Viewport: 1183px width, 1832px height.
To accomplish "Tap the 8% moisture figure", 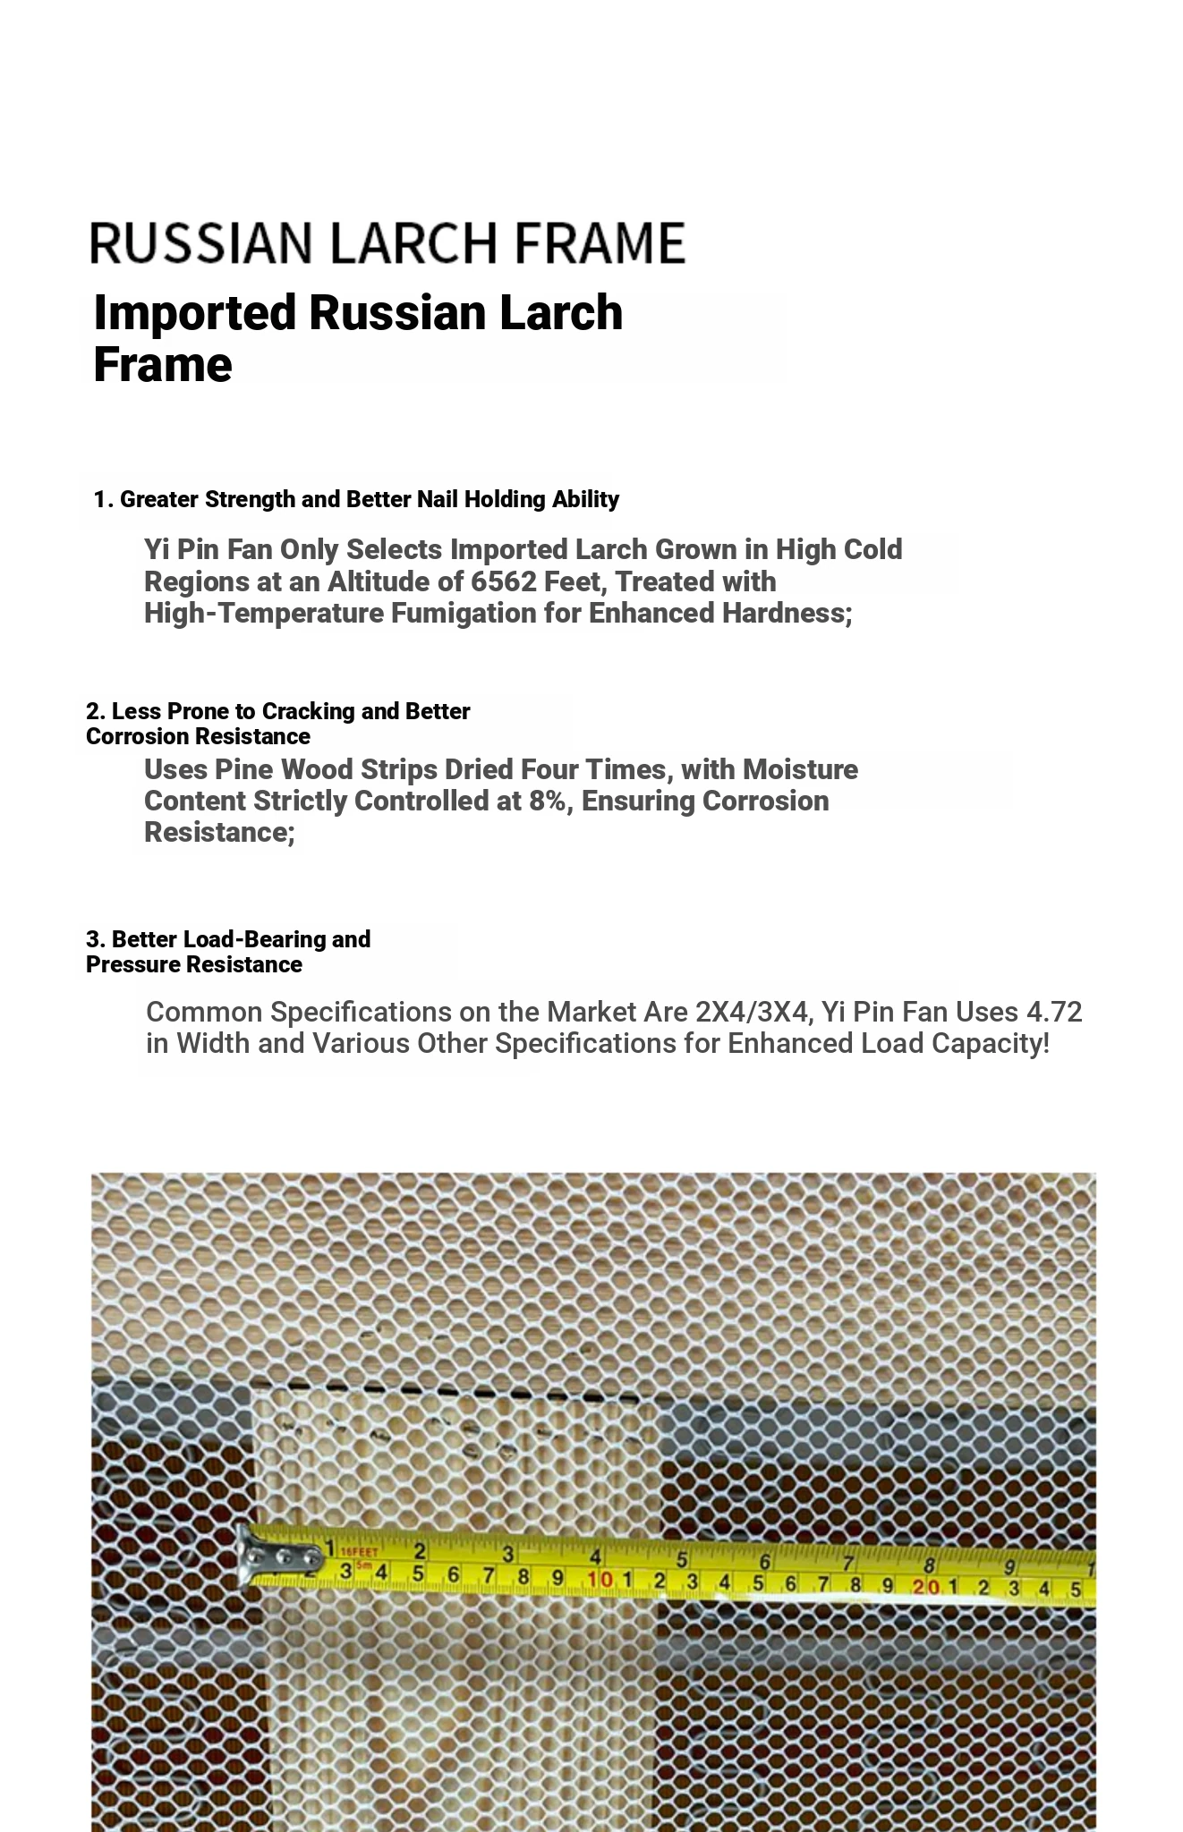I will pos(548,801).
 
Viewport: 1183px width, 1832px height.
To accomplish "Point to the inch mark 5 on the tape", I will pos(682,1560).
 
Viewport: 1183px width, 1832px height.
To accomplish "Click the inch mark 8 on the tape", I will pos(931,1565).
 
